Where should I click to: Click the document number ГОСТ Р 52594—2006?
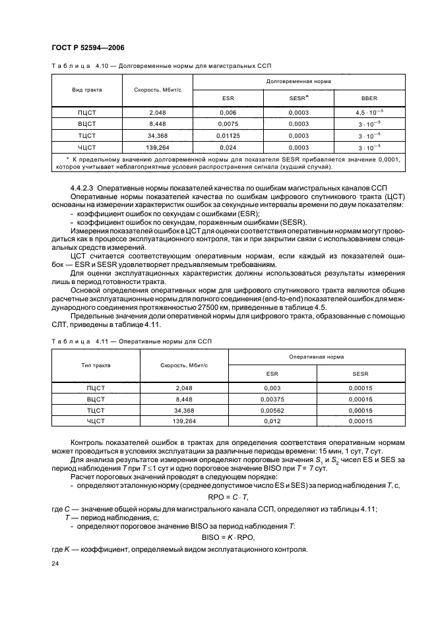click(88, 48)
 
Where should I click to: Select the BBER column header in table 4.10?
click(369, 98)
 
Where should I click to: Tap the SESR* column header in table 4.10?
click(298, 98)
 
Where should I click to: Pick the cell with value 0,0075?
click(227, 123)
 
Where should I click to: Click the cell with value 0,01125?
click(227, 134)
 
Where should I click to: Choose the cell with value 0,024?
click(227, 147)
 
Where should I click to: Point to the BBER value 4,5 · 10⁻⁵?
click(369, 113)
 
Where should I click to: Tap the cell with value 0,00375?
click(272, 398)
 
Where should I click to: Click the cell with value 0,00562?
click(272, 409)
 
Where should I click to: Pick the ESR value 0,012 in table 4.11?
click(272, 421)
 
